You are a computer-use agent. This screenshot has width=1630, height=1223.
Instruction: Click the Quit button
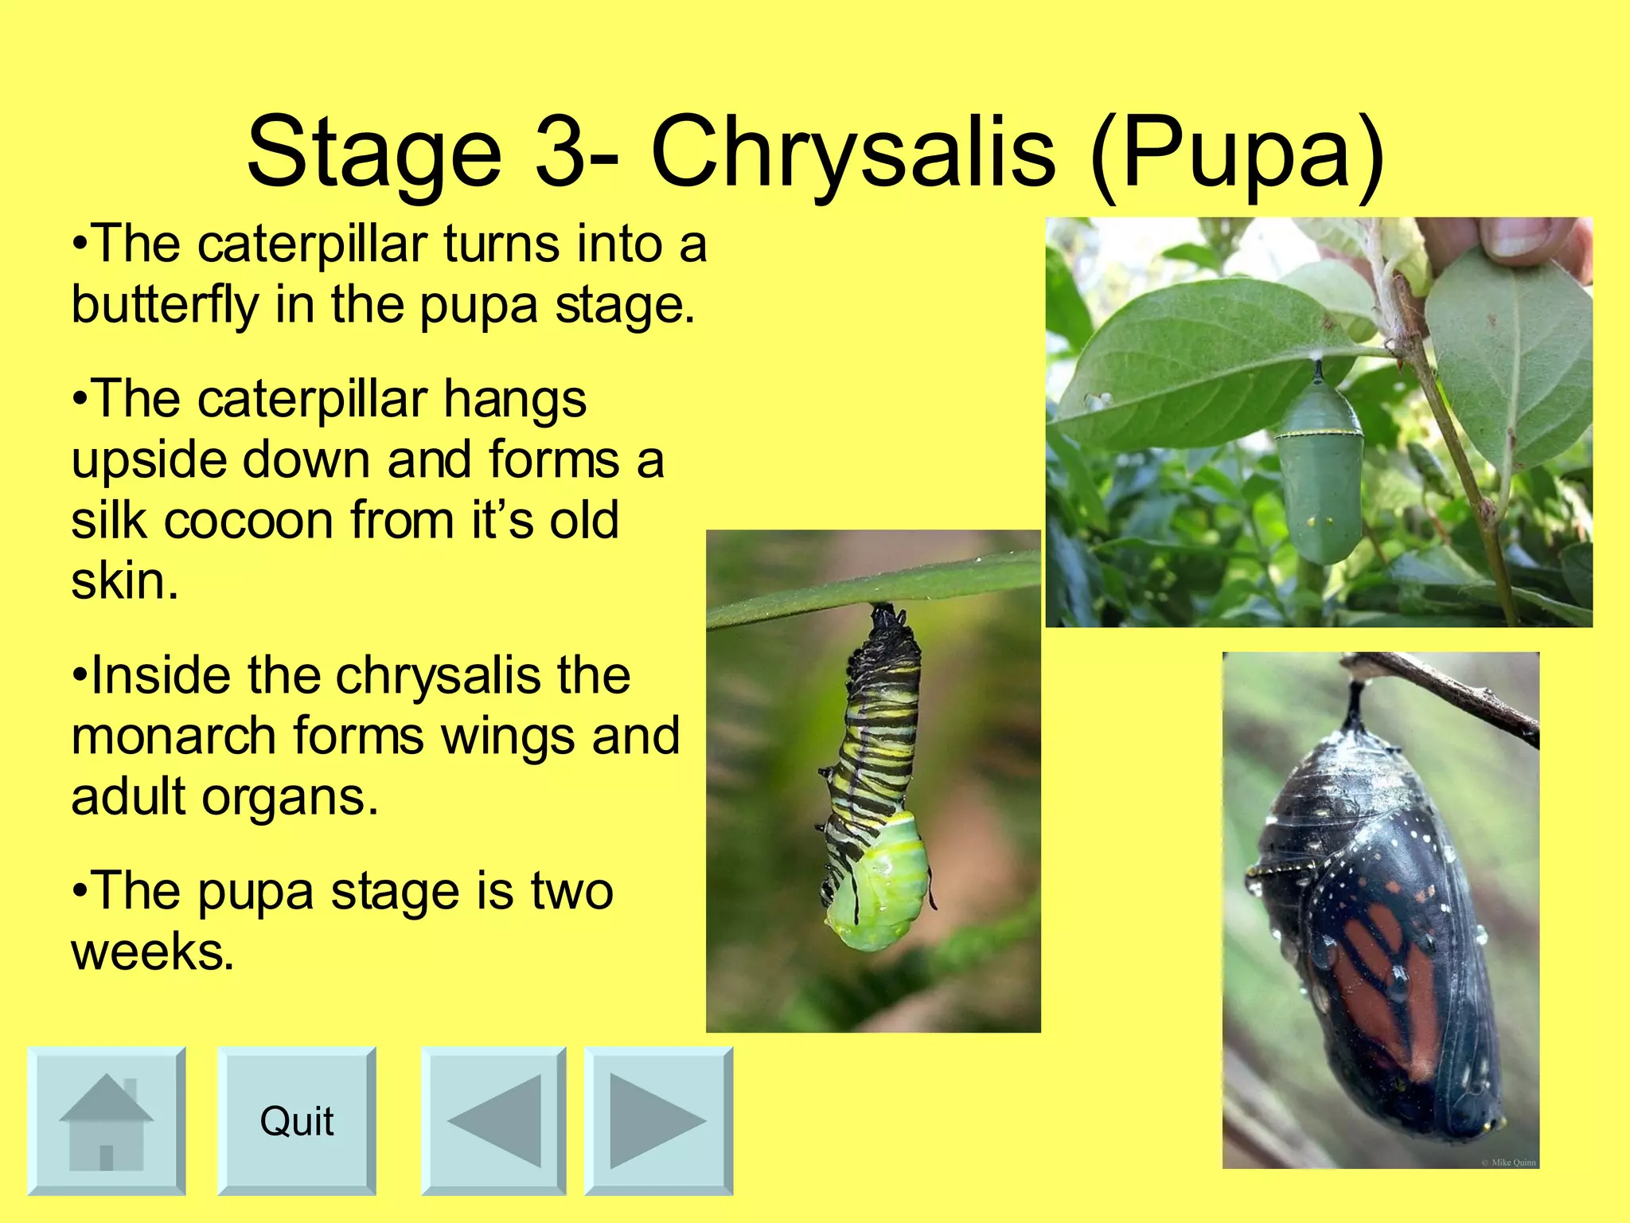[x=296, y=1121]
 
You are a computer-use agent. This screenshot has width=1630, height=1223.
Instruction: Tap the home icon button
[x=106, y=1121]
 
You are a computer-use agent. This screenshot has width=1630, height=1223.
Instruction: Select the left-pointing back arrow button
[x=493, y=1121]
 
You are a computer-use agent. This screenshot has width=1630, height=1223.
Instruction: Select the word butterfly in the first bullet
[x=165, y=305]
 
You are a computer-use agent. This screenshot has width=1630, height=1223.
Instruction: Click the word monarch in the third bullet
[x=174, y=736]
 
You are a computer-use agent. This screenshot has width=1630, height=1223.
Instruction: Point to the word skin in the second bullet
[x=124, y=581]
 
